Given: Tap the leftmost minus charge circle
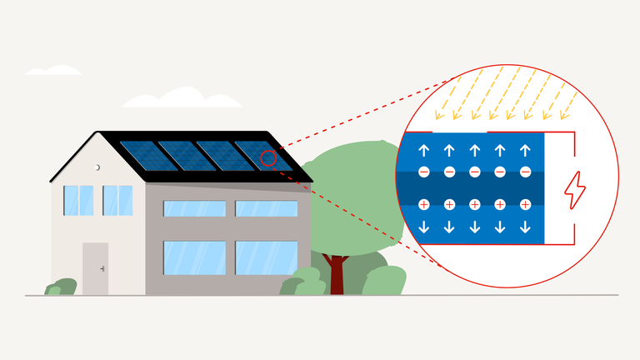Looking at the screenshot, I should pos(423,172).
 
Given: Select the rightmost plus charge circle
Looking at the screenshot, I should pos(525,204).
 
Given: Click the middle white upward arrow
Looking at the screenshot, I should pos(474,151).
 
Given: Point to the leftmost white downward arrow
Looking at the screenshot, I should pos(423,227).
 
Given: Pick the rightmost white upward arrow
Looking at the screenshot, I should pos(525,151).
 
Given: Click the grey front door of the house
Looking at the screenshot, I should pos(95,268).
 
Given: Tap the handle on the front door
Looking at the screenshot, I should pos(102,268).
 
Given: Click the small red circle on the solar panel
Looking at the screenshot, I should pos(268,157).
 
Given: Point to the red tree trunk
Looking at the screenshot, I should pos(337,275).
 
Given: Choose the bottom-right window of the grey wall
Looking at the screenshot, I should pos(266,257).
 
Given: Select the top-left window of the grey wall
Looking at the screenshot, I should pos(194,208).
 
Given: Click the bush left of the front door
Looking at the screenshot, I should pos(62,287).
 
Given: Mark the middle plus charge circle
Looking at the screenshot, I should pos(474,204).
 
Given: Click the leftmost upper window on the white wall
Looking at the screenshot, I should pos(78,200).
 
